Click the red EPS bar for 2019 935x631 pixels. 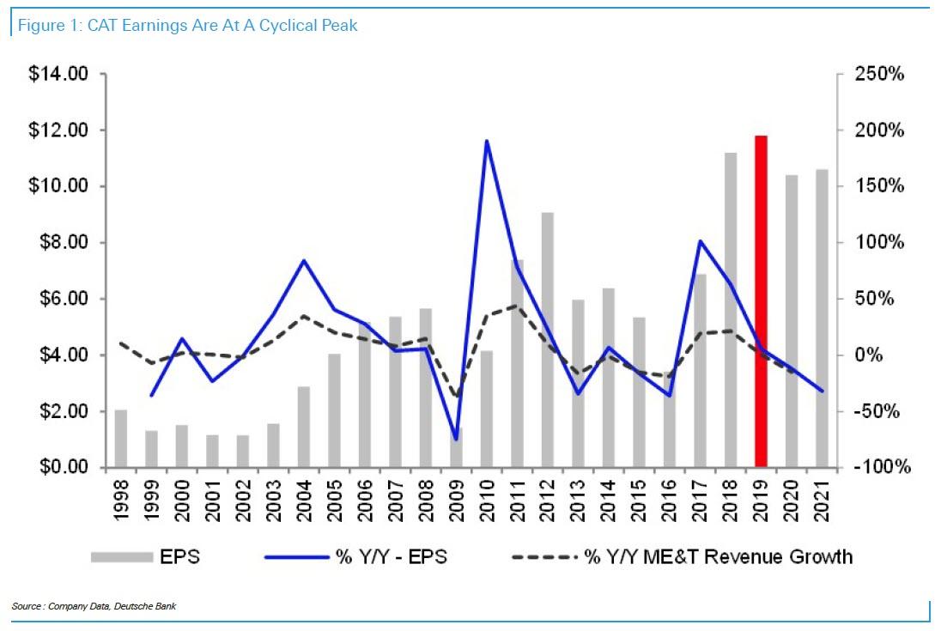pos(761,300)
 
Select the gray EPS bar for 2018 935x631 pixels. pos(731,309)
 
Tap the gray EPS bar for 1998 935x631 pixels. pos(121,438)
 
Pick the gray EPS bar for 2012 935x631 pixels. pos(547,339)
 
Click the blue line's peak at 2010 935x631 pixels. pos(486,141)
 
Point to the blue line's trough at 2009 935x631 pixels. pos(456,440)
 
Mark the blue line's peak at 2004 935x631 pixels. pos(304,260)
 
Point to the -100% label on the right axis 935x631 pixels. pos(877,468)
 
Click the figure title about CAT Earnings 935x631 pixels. pos(185,26)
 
